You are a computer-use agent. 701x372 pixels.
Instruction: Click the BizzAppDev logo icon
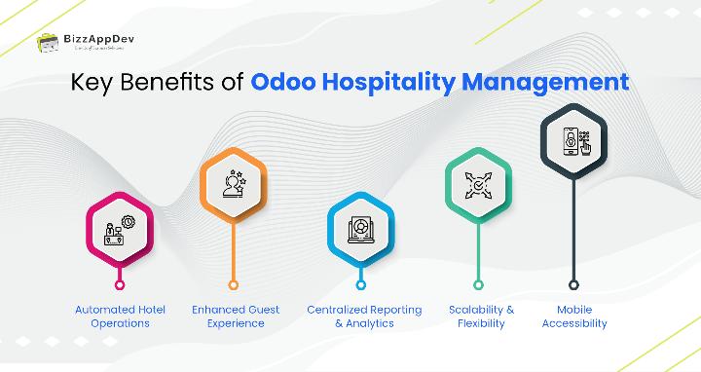pos(46,43)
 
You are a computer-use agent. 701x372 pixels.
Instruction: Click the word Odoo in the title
pos(283,82)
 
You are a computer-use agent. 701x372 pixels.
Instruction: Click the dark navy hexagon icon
pos(573,140)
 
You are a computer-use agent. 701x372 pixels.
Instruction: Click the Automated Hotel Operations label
pos(120,316)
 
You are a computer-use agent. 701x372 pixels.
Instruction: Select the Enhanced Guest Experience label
pos(235,316)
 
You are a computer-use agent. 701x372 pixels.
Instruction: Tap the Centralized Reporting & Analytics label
pos(364,316)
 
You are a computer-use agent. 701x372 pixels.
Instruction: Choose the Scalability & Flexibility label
pos(481,316)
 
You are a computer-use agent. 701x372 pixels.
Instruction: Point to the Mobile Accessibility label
pos(574,316)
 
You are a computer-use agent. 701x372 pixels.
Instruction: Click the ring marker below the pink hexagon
pos(120,284)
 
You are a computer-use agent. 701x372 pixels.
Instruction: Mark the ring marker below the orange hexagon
pos(233,284)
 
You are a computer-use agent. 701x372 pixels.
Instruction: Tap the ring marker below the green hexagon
pos(479,284)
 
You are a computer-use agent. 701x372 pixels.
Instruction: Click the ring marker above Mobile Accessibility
pos(573,284)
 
